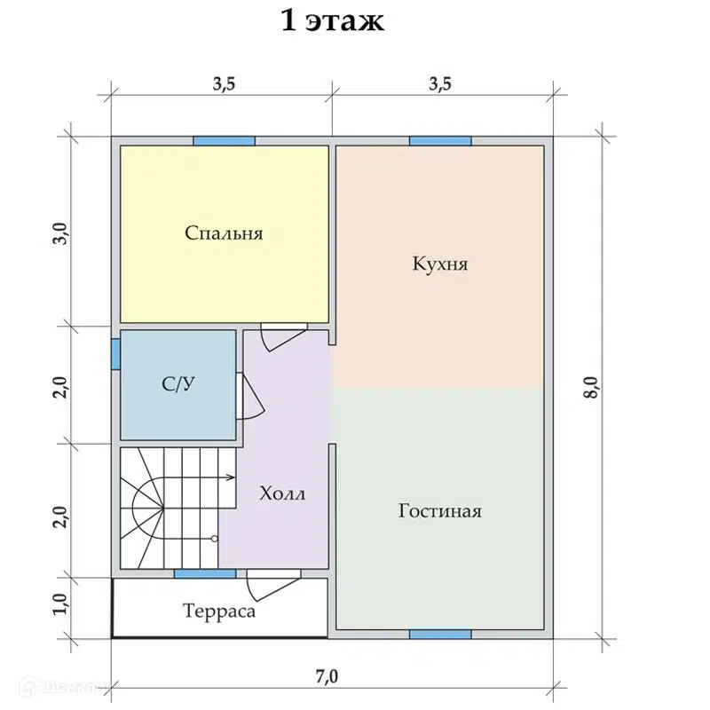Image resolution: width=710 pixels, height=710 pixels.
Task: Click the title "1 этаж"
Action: pyautogui.click(x=332, y=20)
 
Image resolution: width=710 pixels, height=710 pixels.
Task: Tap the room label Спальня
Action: pyautogui.click(x=224, y=233)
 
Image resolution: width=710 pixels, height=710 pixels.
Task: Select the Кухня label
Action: pyautogui.click(x=439, y=264)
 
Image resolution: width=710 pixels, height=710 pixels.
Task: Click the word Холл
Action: pyautogui.click(x=281, y=493)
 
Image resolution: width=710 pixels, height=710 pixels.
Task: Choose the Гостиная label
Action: pyautogui.click(x=439, y=511)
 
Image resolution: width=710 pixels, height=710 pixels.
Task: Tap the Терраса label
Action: pyautogui.click(x=219, y=611)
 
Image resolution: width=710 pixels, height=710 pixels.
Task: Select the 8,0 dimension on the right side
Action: pyautogui.click(x=592, y=389)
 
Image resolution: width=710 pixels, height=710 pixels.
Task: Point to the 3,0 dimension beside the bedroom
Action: pyautogui.click(x=59, y=232)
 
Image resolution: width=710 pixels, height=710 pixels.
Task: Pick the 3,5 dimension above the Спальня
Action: pyautogui.click(x=224, y=84)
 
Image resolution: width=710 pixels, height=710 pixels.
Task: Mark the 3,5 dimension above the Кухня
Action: pyautogui.click(x=439, y=84)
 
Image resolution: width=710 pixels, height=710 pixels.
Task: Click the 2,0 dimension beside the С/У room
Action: pyautogui.click(x=59, y=385)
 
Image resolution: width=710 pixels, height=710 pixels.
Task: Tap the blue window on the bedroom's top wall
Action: pyautogui.click(x=224, y=140)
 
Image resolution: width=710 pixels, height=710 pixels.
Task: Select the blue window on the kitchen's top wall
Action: pyautogui.click(x=439, y=140)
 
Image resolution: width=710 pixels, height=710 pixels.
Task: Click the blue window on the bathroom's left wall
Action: pyautogui.click(x=115, y=352)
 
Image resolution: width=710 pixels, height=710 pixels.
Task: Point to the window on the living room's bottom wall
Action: pyautogui.click(x=439, y=634)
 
